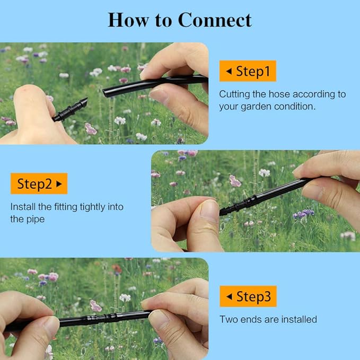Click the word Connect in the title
point(215,20)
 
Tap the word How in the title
point(128,20)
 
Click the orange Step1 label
point(248,71)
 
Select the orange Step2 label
point(39,183)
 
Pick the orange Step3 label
point(248,296)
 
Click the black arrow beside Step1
point(229,71)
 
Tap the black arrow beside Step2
point(59,184)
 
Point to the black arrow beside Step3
point(229,296)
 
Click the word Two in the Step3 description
point(229,319)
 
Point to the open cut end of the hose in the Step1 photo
point(105,93)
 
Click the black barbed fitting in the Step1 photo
point(70,109)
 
